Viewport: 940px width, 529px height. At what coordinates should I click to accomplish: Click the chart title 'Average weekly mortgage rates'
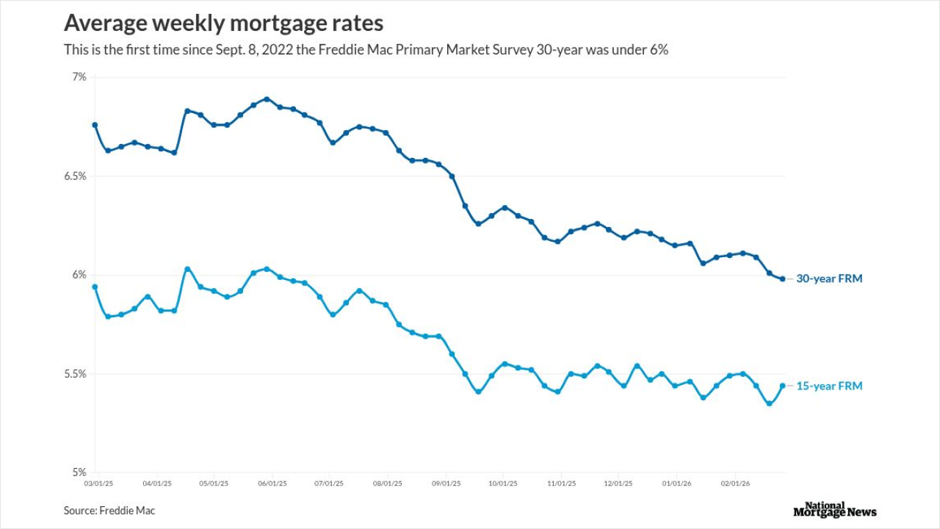tap(223, 24)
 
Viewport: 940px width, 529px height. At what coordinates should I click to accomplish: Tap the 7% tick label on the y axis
tap(79, 77)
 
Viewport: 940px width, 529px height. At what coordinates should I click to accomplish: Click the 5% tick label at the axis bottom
tap(79, 472)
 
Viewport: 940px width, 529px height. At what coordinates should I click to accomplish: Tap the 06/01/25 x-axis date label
tap(272, 483)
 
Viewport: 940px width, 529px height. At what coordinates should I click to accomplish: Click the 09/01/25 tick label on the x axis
tap(446, 483)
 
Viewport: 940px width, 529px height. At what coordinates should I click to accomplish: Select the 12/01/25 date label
tap(618, 483)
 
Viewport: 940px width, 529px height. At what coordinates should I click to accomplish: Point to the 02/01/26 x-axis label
tap(735, 483)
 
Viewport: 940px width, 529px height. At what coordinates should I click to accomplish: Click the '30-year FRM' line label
tap(829, 279)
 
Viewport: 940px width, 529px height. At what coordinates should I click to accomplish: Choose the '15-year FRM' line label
tap(829, 386)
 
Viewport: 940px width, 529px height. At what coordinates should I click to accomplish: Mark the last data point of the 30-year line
tap(782, 278)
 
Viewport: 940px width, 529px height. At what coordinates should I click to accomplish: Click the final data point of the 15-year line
tap(782, 386)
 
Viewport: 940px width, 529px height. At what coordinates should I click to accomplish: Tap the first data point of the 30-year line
tap(95, 125)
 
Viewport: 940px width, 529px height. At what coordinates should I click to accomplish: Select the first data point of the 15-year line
tap(95, 287)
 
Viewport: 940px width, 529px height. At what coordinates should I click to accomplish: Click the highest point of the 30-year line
tap(267, 98)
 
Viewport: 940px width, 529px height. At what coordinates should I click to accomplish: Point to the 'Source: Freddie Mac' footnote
tap(109, 511)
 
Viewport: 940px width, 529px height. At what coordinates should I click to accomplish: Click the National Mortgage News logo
tap(835, 509)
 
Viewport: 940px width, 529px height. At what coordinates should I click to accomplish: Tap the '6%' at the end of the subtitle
tap(658, 51)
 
